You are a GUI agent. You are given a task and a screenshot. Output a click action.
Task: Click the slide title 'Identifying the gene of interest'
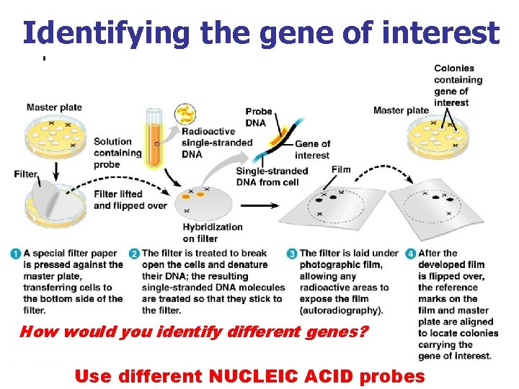point(260,32)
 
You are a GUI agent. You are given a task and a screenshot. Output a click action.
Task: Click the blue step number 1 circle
point(16,254)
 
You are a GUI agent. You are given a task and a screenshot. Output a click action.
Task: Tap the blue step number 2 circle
point(134,254)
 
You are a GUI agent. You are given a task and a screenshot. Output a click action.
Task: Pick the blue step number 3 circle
point(292,254)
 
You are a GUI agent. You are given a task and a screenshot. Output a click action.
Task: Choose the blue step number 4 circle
point(410,254)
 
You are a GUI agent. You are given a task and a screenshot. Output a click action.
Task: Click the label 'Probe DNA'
point(259,117)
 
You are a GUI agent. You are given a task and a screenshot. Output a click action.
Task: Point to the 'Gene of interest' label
point(312,149)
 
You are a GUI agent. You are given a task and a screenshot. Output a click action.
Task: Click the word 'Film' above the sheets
point(341,170)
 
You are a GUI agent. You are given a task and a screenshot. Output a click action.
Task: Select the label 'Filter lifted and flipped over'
point(130,200)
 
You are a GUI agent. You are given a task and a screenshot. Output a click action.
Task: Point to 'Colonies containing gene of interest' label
point(458,85)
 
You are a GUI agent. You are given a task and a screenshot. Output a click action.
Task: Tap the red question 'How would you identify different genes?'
point(193,332)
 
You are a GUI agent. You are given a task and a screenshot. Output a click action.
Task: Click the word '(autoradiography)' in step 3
point(340,310)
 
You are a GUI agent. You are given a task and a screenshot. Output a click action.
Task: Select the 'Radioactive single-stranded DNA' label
point(216,143)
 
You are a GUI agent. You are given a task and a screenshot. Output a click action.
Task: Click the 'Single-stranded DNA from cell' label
point(272,176)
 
